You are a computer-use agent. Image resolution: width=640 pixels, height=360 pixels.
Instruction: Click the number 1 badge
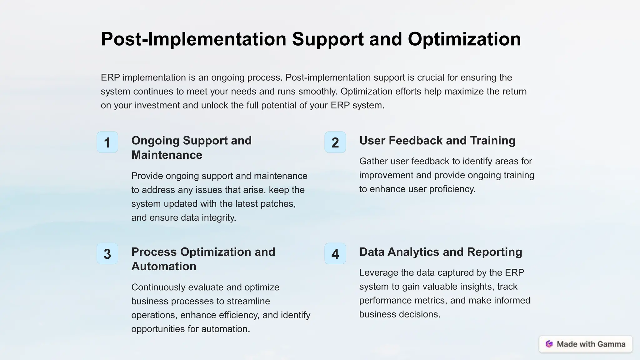(107, 142)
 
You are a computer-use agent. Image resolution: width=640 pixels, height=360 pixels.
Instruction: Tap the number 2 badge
(335, 142)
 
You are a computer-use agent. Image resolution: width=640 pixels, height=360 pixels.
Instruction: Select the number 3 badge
(107, 254)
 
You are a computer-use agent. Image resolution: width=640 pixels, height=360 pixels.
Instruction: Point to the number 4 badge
(335, 254)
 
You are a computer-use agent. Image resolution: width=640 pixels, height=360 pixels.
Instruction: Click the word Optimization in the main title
(464, 39)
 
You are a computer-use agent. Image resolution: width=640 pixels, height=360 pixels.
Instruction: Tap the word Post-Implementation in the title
(193, 39)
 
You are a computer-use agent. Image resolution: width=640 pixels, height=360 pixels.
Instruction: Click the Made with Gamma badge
(585, 344)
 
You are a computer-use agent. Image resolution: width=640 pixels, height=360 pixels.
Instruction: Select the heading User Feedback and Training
(437, 141)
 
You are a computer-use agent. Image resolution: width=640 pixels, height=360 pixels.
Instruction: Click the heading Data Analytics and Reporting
(440, 252)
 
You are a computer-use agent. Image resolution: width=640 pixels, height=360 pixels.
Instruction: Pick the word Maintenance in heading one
(167, 155)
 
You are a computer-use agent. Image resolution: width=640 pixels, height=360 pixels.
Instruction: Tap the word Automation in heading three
(164, 266)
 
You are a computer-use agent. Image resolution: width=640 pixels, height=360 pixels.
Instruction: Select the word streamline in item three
(248, 301)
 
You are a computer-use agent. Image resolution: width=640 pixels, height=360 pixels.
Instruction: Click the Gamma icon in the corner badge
(549, 344)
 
